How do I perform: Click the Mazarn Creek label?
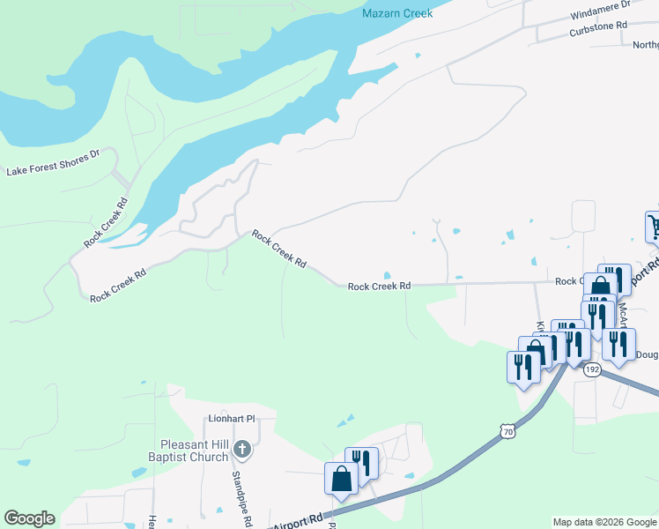click(397, 14)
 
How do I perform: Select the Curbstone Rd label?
click(597, 26)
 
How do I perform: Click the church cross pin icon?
click(243, 451)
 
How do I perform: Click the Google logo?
click(29, 518)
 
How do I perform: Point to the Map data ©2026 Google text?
click(603, 522)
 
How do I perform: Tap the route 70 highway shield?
click(505, 430)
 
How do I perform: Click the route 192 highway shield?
click(591, 370)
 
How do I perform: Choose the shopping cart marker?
click(654, 226)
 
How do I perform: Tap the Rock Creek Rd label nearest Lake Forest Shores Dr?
click(106, 221)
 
